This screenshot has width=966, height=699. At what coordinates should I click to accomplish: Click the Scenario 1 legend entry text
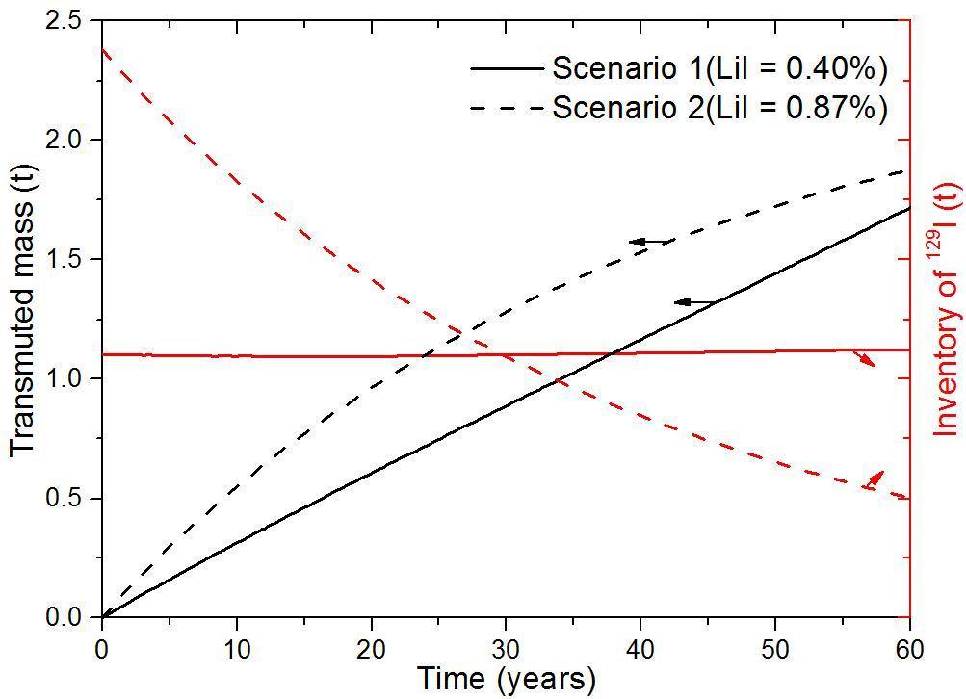pos(719,68)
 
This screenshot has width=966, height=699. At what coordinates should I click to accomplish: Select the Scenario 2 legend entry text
pos(719,107)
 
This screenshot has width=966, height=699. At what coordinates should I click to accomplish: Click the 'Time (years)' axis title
pos(507,679)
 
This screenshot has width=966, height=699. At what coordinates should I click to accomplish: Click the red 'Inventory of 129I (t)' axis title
pos(948,308)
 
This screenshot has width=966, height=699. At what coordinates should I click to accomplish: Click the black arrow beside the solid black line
pos(693,302)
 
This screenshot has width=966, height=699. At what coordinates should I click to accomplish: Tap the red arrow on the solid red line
pos(864,358)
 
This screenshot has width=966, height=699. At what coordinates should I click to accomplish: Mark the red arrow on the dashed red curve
pos(873,479)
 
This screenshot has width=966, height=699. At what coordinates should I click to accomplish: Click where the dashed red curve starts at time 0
pos(102,49)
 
